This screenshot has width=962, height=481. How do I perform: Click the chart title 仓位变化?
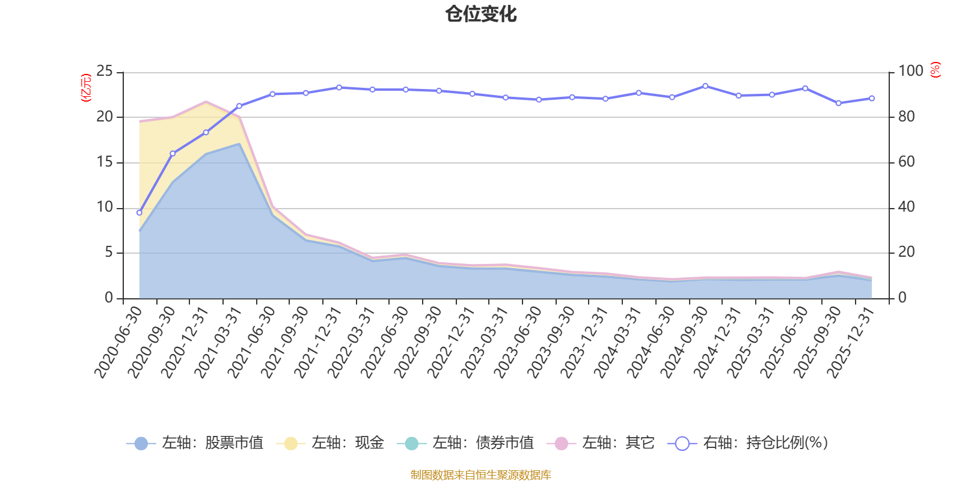(x=481, y=14)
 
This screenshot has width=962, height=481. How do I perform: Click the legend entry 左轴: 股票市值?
(x=195, y=443)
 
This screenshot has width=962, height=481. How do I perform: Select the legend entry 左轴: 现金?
(x=330, y=443)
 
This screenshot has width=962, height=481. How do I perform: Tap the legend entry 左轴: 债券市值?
(x=465, y=443)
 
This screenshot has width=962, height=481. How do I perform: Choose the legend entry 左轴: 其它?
(x=601, y=443)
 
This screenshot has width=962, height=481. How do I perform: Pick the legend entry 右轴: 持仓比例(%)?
(x=748, y=443)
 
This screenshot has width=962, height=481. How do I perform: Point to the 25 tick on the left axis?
(x=105, y=72)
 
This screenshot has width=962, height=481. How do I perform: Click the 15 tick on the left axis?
(x=105, y=162)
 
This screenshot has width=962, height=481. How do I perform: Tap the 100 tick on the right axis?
(x=910, y=72)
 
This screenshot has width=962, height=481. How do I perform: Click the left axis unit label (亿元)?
(x=86, y=88)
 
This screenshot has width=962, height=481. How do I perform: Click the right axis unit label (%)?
(x=935, y=70)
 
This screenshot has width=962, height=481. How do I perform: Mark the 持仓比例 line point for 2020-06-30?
(x=139, y=212)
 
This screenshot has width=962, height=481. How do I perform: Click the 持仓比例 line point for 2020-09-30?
(x=173, y=153)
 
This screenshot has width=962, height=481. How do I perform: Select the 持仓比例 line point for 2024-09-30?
(x=705, y=86)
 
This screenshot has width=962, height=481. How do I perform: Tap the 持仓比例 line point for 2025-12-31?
(x=872, y=98)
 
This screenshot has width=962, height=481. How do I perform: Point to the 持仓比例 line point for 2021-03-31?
(x=239, y=106)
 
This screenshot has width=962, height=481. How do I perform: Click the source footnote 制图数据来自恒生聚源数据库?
(x=481, y=475)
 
